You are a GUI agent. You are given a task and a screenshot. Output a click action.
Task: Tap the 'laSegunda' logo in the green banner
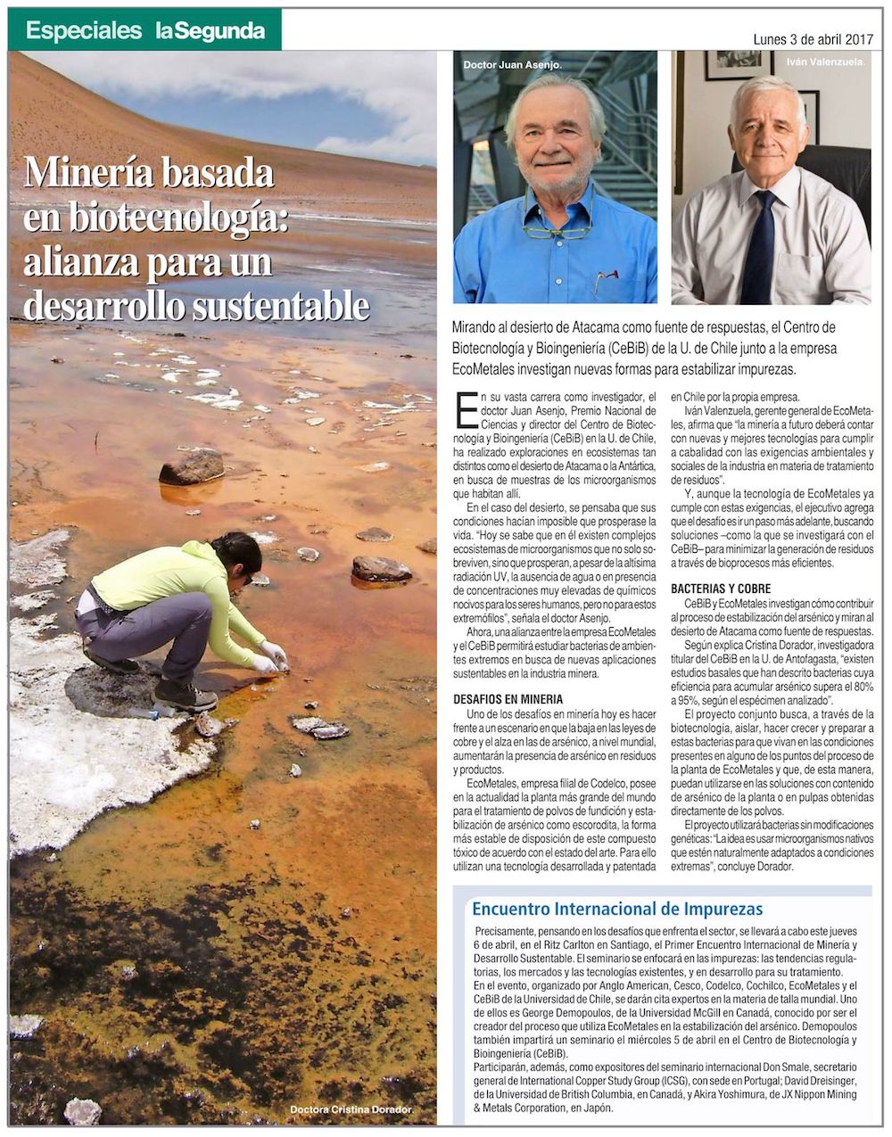tap(211, 30)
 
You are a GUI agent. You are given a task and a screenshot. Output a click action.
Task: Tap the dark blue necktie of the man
tap(759, 249)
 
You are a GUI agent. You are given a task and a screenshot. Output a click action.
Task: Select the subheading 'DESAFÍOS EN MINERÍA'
tap(508, 699)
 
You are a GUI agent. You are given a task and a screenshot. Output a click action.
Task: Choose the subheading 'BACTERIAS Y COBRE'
tap(721, 589)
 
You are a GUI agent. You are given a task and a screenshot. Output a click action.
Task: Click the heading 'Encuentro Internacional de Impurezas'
tap(616, 909)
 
